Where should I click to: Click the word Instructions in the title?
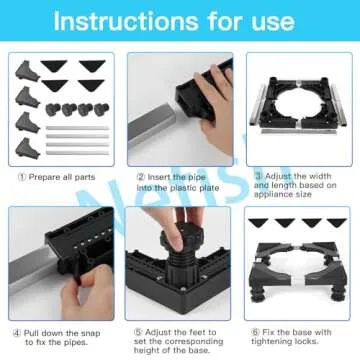pyautogui.click(x=120, y=22)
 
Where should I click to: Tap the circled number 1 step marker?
pyautogui.click(x=22, y=177)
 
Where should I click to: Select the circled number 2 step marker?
pyautogui.click(x=140, y=177)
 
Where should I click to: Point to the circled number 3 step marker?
pyautogui.click(x=258, y=177)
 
